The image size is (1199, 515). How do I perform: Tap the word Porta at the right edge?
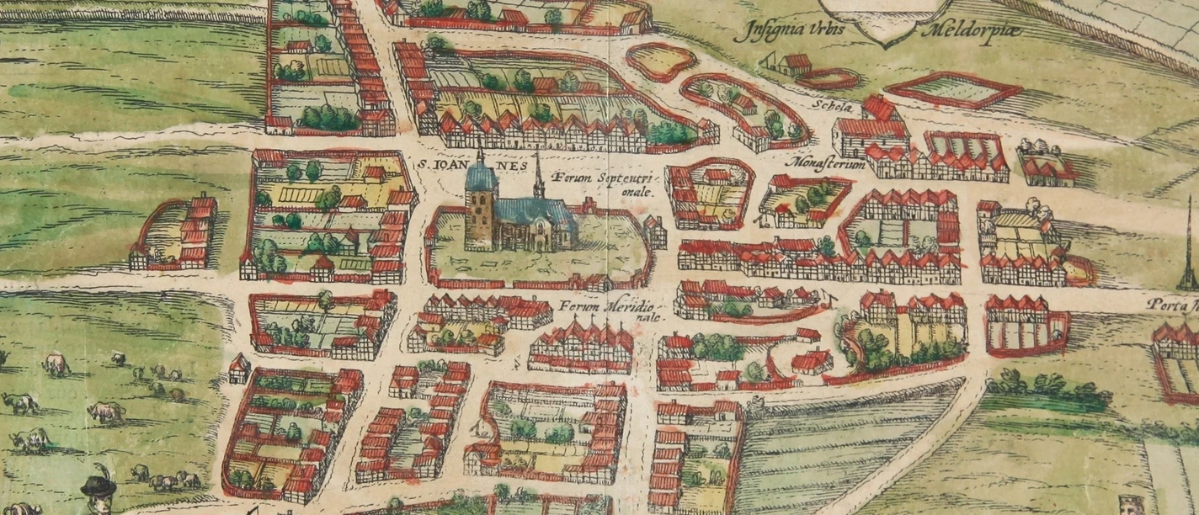[1174, 307]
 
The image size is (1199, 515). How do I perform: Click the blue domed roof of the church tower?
[481, 178]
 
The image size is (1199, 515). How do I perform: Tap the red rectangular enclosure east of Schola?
[952, 90]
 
